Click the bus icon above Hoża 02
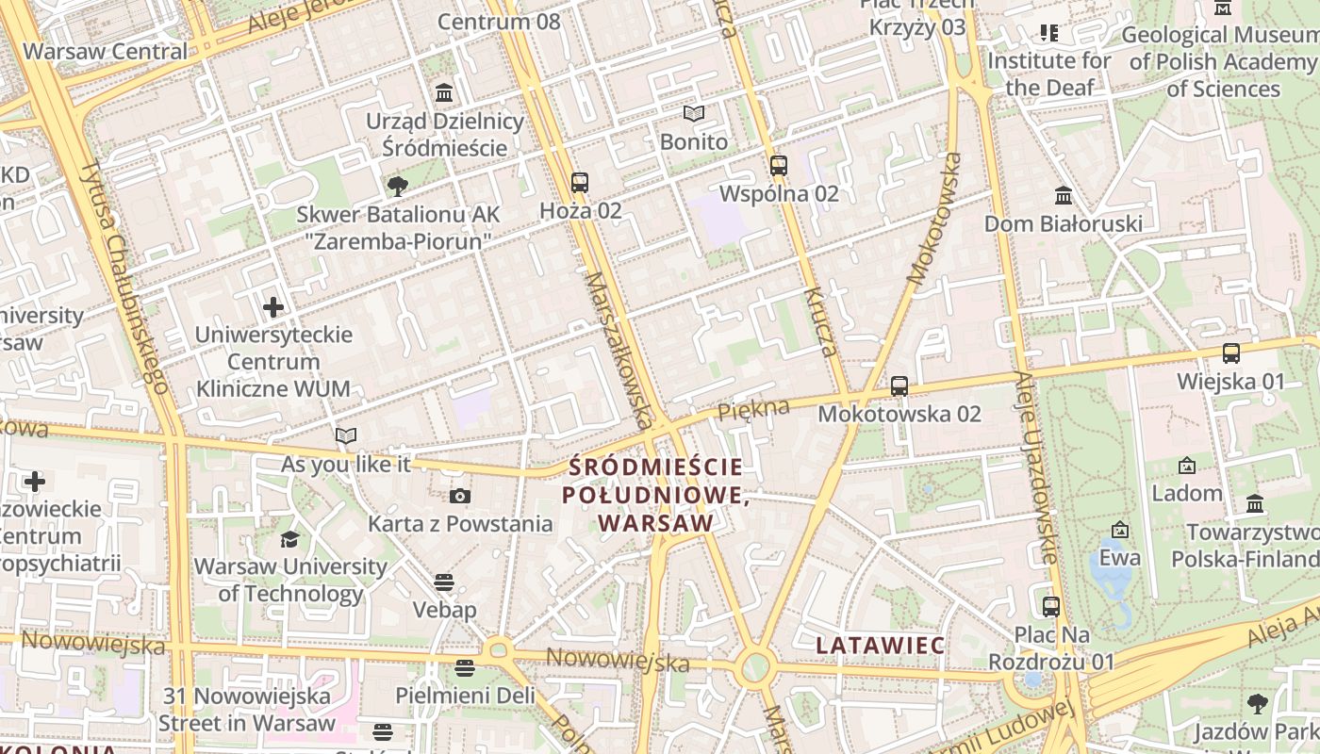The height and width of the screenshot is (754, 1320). tap(580, 182)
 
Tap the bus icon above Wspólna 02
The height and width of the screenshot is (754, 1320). tap(779, 166)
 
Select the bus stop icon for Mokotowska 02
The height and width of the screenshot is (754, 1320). tap(899, 385)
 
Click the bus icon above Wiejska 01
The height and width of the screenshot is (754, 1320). tap(1231, 353)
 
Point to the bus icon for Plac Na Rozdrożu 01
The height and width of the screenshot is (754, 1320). tap(1051, 606)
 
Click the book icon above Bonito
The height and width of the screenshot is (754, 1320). tap(694, 114)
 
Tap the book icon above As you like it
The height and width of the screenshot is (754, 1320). tap(346, 435)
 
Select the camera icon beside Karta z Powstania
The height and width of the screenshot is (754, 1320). tap(460, 496)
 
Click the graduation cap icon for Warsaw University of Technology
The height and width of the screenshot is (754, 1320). tap(289, 538)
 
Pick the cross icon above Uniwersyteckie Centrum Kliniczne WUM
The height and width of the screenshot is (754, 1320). tap(273, 306)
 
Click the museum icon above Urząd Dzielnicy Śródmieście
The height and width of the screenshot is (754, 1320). tap(444, 93)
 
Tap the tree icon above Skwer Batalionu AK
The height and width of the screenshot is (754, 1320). tap(398, 186)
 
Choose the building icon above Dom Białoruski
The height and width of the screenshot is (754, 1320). tap(1064, 195)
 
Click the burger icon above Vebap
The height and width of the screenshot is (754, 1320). tap(444, 582)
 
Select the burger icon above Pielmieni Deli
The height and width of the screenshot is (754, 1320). tap(464, 667)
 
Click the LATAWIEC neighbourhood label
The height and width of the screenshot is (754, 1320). tap(881, 646)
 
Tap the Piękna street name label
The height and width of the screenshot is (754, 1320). tap(752, 410)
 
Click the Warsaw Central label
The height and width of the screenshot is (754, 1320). tap(106, 51)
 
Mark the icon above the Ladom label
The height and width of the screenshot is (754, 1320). tap(1187, 465)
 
